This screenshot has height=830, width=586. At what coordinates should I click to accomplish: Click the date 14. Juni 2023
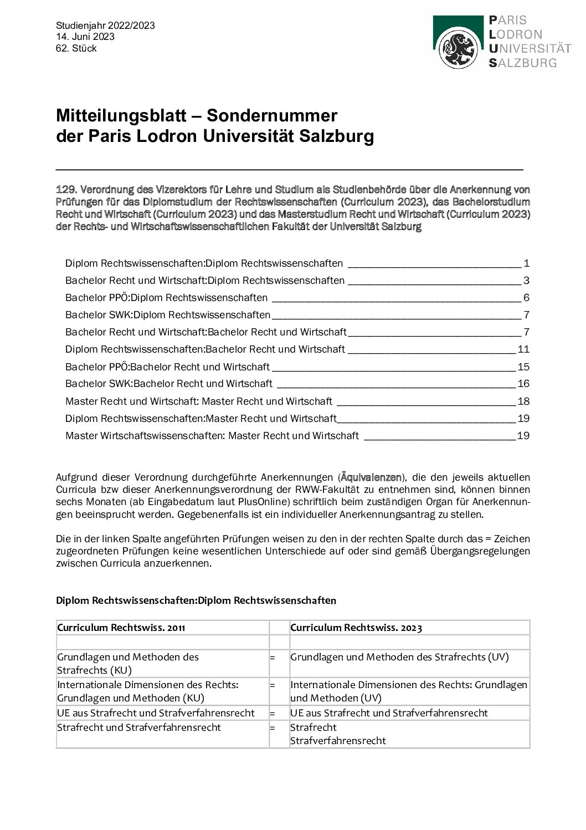click(85, 37)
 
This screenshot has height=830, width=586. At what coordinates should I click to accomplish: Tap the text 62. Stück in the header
click(76, 48)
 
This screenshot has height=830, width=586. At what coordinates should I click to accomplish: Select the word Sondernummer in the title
click(272, 115)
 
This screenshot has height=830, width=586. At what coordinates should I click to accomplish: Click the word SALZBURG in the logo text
click(523, 63)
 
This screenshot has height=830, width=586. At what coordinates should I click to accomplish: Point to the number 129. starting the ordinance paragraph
click(66, 190)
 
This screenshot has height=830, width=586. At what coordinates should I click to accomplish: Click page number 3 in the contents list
click(526, 281)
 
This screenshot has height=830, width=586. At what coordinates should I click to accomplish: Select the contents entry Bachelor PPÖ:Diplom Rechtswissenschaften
click(166, 298)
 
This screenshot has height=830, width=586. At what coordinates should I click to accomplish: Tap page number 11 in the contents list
click(523, 349)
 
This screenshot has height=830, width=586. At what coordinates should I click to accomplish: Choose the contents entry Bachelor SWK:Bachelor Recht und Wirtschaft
click(169, 384)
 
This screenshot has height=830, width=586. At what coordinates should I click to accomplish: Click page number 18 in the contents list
click(523, 401)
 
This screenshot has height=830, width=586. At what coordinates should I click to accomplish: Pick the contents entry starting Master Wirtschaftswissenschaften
click(212, 436)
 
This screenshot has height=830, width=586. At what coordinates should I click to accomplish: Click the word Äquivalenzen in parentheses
click(371, 477)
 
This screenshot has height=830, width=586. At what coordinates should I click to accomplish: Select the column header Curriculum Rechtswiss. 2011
click(121, 628)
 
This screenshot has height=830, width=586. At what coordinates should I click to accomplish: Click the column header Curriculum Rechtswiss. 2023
click(356, 628)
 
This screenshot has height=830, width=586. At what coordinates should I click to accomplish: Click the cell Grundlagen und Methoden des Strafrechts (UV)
click(399, 657)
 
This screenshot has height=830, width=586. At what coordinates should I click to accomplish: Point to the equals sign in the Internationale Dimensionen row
click(273, 685)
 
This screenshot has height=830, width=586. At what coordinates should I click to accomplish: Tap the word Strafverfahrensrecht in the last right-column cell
click(338, 741)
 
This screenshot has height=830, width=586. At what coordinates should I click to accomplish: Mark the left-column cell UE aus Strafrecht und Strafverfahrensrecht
click(156, 713)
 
